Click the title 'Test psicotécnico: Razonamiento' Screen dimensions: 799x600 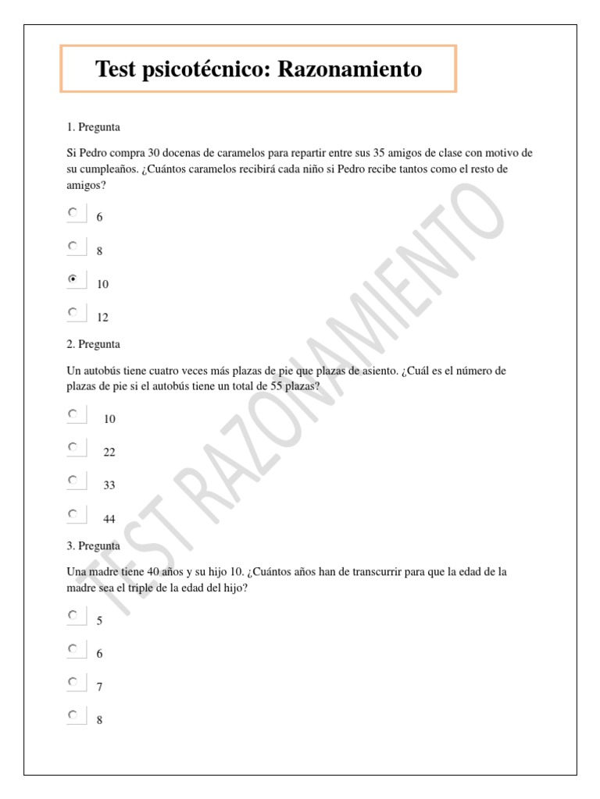point(259,69)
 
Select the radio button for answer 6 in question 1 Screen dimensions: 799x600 point(73,211)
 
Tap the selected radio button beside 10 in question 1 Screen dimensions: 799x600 point(73,279)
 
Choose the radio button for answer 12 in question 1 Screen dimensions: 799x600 point(73,312)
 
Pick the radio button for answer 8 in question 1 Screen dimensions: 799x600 point(73,246)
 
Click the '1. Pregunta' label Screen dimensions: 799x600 point(94,126)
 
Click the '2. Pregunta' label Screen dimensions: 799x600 point(94,344)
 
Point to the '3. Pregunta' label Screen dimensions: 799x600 point(94,546)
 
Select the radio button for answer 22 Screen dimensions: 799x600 point(73,447)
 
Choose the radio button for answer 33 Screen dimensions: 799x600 point(73,480)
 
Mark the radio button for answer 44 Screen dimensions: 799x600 point(73,513)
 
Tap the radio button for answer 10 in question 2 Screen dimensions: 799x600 point(73,414)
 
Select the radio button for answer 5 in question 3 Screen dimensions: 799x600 point(73,615)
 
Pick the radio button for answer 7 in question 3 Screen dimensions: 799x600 point(73,682)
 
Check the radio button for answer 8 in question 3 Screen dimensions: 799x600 point(73,715)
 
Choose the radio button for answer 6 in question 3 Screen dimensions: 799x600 point(73,648)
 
